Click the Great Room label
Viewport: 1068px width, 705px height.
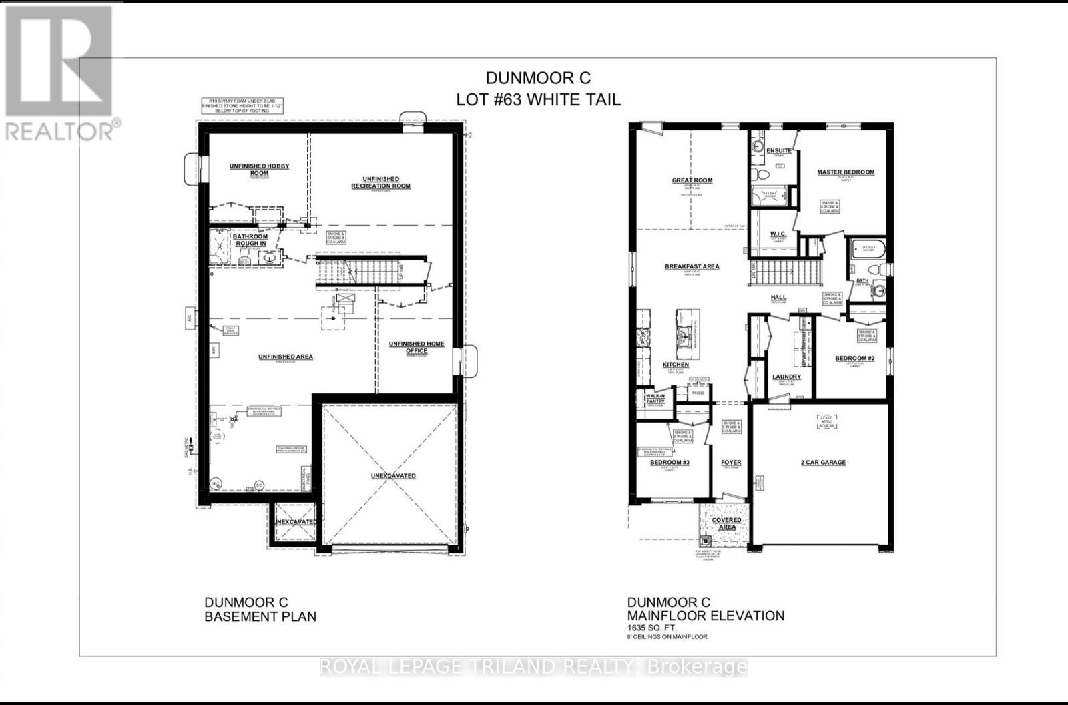[x=692, y=180]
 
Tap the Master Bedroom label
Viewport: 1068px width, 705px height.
[x=845, y=172]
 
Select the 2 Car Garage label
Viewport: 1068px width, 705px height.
[x=823, y=462]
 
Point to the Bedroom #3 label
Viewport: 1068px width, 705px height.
[x=670, y=463]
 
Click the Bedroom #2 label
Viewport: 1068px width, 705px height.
[x=854, y=359]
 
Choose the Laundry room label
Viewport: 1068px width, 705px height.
[x=786, y=377]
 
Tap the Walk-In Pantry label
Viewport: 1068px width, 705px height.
[x=655, y=399]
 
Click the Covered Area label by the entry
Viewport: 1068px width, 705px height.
[x=726, y=523]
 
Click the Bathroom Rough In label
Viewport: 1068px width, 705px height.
[x=250, y=240]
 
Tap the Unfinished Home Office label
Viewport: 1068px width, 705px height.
[x=417, y=347]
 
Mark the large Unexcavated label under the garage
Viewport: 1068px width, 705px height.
[x=393, y=476]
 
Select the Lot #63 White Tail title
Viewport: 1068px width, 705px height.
[x=538, y=99]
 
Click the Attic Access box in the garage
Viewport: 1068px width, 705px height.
[x=826, y=421]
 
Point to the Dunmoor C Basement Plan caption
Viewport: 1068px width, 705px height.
[x=260, y=609]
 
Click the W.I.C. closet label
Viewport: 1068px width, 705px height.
[x=775, y=234]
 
